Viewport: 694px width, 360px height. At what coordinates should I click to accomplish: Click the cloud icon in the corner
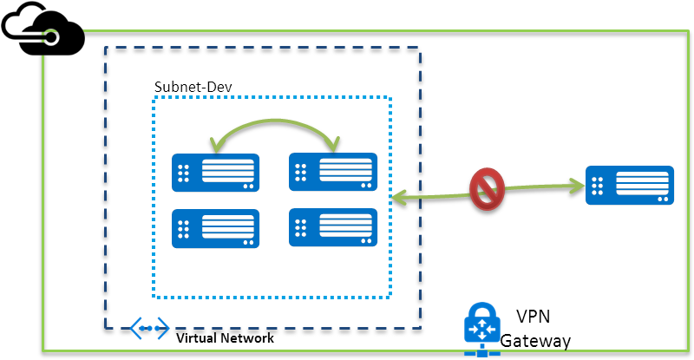[x=43, y=29]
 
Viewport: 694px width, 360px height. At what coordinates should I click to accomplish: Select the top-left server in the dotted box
[x=215, y=173]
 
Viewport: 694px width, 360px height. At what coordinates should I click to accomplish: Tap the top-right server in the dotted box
[x=333, y=172]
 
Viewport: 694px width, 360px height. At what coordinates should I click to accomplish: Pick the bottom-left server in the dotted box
[x=215, y=228]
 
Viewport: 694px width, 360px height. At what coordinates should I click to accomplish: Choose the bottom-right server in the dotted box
[x=333, y=227]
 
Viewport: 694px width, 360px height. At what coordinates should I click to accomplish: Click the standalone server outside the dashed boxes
[x=630, y=185]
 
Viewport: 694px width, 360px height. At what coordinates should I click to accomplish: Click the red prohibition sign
[x=487, y=189]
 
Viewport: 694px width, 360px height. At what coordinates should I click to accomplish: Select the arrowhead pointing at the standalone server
[x=577, y=184]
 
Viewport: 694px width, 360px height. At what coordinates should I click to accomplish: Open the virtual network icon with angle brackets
[x=149, y=328]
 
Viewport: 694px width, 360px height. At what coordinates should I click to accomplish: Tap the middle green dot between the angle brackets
[x=149, y=328]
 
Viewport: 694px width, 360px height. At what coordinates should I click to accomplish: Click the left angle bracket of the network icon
[x=135, y=328]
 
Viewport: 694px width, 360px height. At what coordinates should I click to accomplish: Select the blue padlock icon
[x=482, y=330]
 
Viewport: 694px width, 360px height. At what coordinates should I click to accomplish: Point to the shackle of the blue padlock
[x=482, y=311]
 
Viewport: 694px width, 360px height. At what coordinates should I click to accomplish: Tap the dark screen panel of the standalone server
[x=642, y=184]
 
